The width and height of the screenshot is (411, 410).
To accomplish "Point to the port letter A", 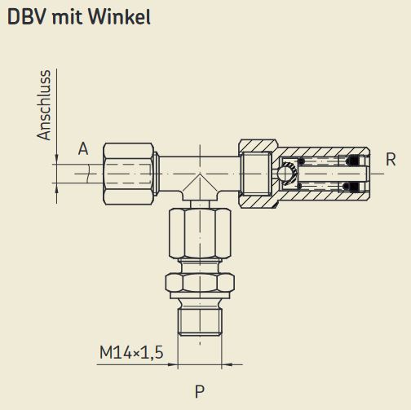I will coord(82,148).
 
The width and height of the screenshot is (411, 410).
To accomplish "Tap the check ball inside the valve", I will coord(285,173).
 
